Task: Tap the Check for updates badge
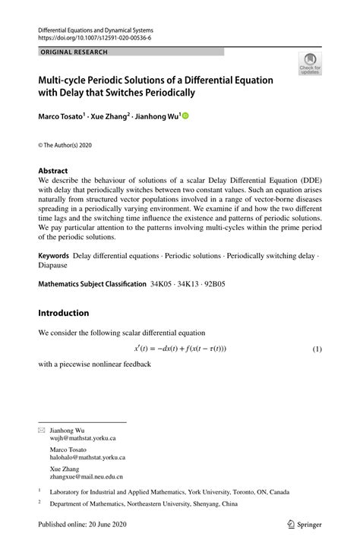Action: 309,65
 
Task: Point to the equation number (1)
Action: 317,349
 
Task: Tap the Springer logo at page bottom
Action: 307,525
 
